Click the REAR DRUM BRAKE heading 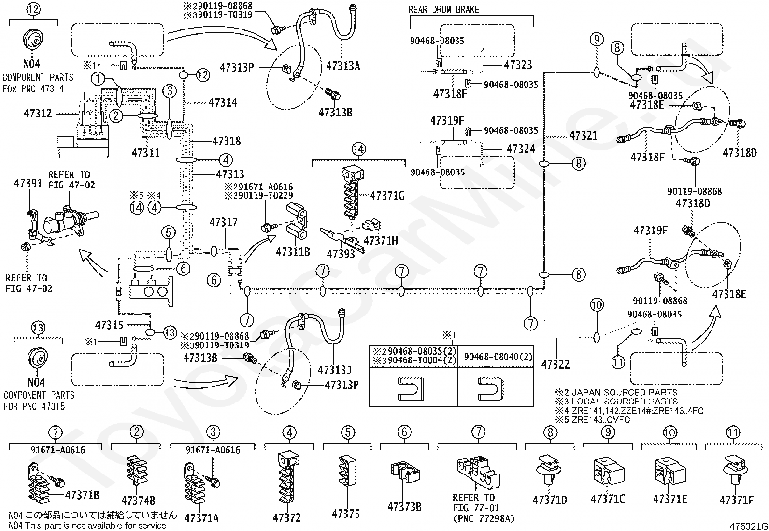pos(443,10)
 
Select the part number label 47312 pos(37,114)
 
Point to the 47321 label pos(584,135)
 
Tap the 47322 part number pos(555,364)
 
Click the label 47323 pos(518,65)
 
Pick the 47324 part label pos(521,149)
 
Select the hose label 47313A pos(343,66)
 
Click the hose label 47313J pos(335,370)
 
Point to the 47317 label pos(224,222)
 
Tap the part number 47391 pos(28,183)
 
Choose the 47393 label pos(341,254)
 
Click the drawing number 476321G pos(749,526)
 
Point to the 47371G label pos(387,196)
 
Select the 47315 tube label pos(109,325)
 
